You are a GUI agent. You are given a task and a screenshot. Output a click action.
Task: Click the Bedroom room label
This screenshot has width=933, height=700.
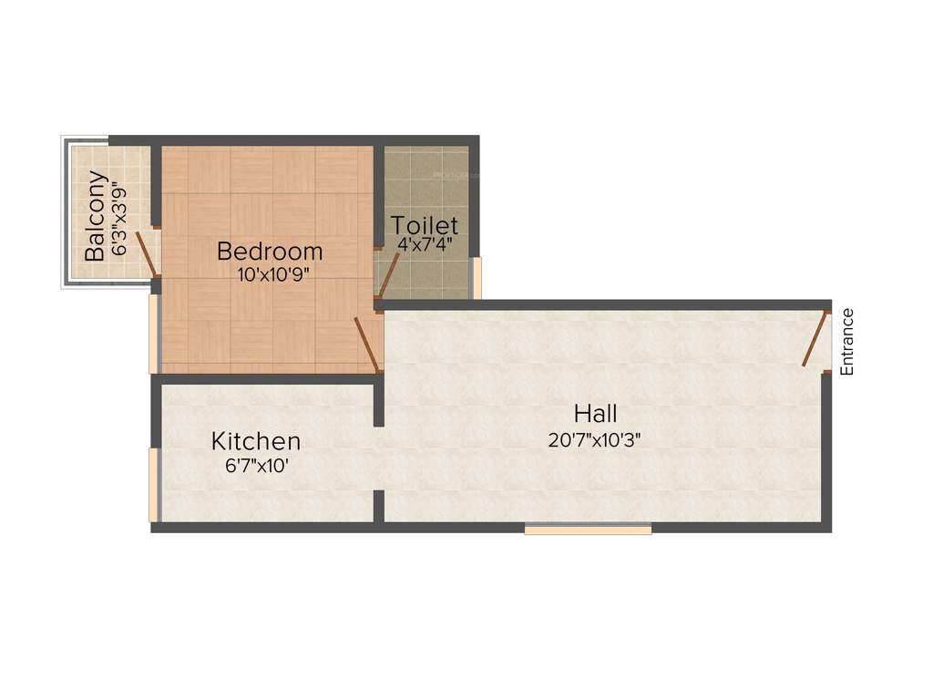tap(270, 251)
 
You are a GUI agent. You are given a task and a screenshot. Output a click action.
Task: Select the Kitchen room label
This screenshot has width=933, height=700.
tap(256, 442)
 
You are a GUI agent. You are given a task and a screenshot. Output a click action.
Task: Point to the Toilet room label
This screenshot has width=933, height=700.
tap(425, 224)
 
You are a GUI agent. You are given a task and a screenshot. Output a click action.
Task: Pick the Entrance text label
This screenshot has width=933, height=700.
tap(847, 343)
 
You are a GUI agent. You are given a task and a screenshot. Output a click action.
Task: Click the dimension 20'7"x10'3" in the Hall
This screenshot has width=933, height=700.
tap(596, 440)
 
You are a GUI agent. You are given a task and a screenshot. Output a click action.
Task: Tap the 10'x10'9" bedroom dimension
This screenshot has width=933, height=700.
tap(270, 274)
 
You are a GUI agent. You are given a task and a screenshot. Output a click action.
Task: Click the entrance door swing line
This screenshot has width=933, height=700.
tap(815, 339)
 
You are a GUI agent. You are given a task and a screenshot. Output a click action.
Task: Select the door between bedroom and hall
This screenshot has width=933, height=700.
tap(367, 345)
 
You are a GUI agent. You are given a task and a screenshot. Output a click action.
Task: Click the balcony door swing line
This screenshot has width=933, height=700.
tap(148, 253)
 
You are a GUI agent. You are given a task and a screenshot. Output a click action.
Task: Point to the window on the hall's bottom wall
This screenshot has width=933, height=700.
tap(588, 529)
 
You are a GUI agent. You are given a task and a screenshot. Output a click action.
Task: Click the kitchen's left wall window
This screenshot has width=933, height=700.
tap(153, 484)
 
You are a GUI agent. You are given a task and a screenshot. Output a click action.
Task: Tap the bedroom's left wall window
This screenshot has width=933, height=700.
tap(153, 334)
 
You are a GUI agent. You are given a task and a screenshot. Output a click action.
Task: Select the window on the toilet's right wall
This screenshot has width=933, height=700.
tap(475, 278)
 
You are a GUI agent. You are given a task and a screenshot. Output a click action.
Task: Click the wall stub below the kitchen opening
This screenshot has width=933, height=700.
tap(378, 506)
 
